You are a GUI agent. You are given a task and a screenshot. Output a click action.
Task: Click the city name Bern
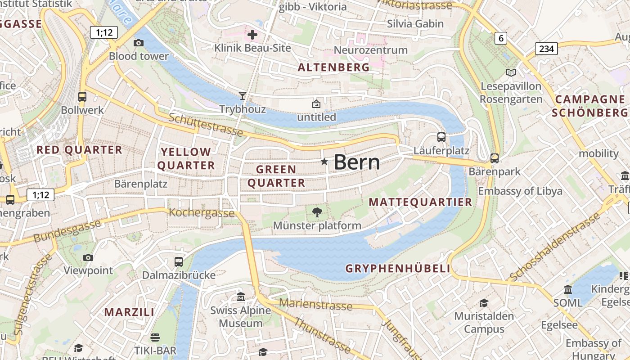(x=357, y=162)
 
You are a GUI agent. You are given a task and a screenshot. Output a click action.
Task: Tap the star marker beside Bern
(x=324, y=162)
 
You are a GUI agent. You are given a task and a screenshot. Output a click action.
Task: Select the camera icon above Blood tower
(x=139, y=43)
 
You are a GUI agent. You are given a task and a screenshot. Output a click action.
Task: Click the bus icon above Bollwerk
(x=82, y=96)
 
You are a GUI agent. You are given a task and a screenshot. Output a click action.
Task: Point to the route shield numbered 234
(x=546, y=49)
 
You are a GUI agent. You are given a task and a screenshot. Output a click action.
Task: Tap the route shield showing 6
(x=500, y=38)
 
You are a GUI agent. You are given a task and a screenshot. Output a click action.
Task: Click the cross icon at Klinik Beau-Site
(x=252, y=34)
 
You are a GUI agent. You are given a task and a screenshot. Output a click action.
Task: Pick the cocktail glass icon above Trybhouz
(x=243, y=95)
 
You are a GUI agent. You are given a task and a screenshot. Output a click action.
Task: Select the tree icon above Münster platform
(x=317, y=212)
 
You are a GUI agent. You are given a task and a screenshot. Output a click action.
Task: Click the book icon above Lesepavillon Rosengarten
(x=511, y=72)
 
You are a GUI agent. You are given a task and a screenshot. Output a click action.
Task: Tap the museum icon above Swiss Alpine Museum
(x=241, y=297)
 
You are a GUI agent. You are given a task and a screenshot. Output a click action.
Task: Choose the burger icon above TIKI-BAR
(x=155, y=337)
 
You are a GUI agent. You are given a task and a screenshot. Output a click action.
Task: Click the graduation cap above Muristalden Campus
(x=484, y=303)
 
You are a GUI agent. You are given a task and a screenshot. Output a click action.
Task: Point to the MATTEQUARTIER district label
(x=420, y=202)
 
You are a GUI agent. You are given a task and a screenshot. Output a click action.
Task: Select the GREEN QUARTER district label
(x=276, y=176)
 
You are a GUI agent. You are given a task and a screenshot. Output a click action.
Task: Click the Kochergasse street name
(x=202, y=213)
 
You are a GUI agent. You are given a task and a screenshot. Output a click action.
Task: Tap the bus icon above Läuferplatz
(x=441, y=137)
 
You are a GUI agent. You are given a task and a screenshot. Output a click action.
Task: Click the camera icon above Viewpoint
(x=88, y=257)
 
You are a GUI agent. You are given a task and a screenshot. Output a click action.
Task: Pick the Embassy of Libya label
(x=520, y=191)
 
